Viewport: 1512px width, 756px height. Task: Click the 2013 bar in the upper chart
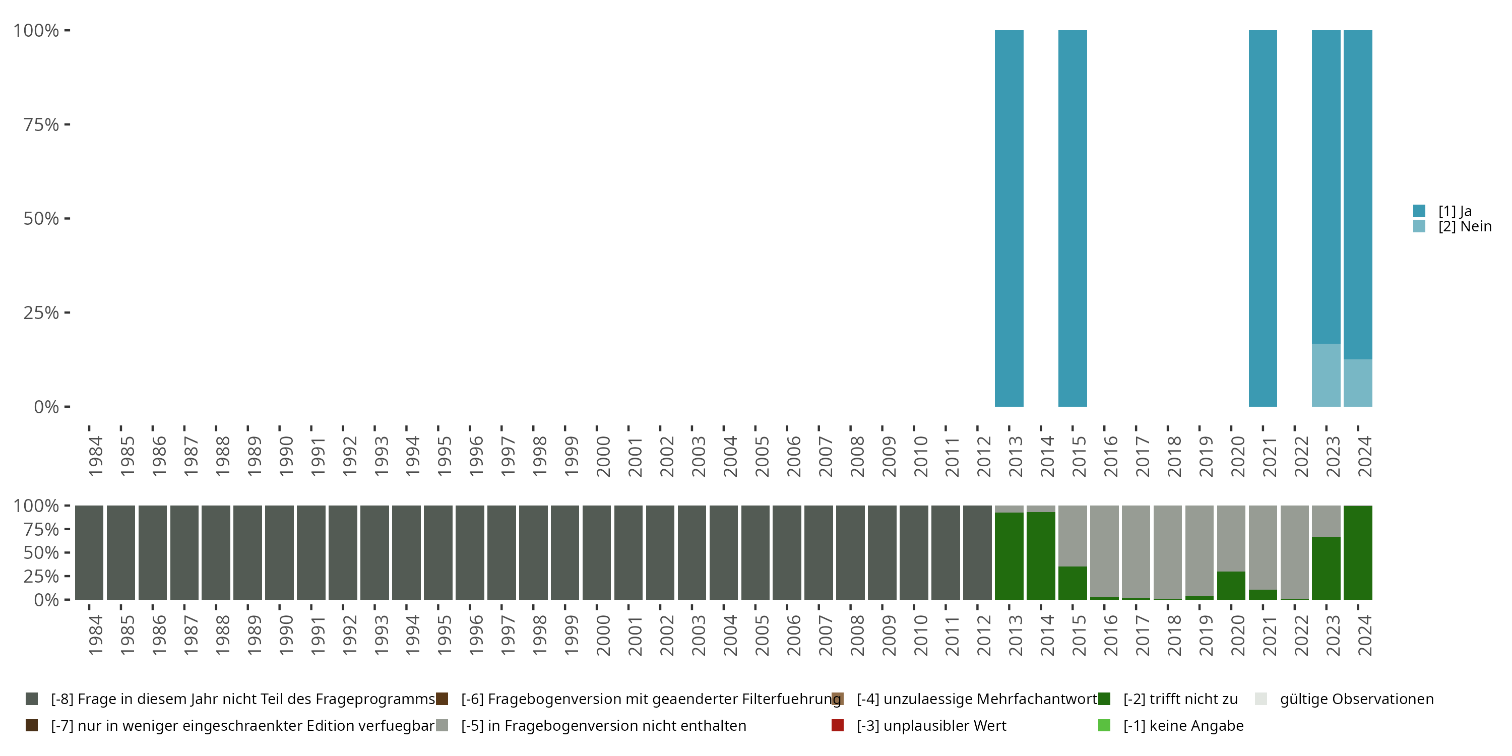click(x=1009, y=218)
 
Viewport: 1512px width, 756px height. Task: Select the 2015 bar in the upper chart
click(x=1073, y=218)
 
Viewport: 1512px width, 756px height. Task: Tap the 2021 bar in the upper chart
click(x=1263, y=218)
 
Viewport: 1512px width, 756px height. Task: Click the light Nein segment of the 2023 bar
click(x=1326, y=375)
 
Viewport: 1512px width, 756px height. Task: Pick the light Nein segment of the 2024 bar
click(x=1358, y=383)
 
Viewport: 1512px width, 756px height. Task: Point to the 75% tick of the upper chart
click(x=67, y=124)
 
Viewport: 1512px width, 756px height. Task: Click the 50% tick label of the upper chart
click(x=41, y=219)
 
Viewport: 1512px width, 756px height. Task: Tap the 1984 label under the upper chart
click(x=95, y=457)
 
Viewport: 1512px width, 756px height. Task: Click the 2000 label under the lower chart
click(x=603, y=635)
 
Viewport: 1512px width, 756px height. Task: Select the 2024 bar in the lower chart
click(x=1358, y=552)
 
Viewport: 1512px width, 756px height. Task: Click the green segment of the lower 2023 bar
click(x=1326, y=568)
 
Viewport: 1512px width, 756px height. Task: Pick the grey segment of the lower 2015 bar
click(x=1073, y=536)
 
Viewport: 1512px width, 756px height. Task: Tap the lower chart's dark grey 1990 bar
click(x=279, y=552)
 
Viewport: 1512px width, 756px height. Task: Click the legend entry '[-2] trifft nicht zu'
click(x=1180, y=699)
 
